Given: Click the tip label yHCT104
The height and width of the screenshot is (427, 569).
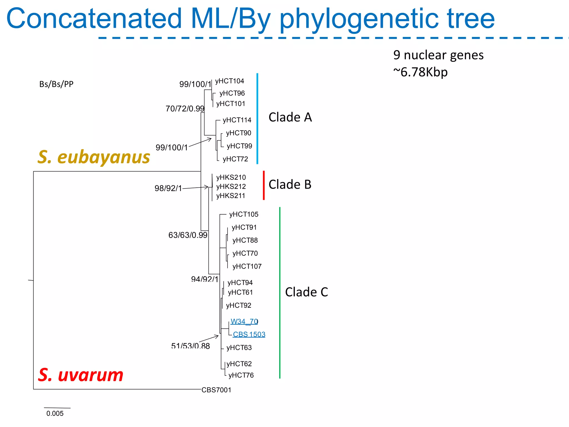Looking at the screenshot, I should (229, 81).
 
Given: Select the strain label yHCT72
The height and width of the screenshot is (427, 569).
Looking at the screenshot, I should (235, 159).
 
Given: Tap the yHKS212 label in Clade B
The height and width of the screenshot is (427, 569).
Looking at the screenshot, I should (231, 187).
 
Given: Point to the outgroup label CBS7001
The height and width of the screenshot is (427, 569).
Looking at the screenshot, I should (216, 390).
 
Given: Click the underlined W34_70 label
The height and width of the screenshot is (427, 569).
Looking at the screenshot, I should (244, 322).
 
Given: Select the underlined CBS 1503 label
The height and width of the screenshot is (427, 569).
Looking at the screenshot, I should (249, 334).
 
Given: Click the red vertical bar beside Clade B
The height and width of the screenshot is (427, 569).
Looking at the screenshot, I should (264, 185).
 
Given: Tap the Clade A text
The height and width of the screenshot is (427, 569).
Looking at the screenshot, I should (290, 117).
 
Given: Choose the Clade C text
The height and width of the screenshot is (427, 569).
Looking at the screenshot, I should (306, 292).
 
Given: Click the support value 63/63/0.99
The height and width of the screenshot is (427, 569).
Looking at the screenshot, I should (188, 235).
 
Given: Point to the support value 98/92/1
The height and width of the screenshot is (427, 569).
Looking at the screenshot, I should (168, 188).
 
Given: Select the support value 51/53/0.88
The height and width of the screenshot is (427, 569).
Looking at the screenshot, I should (190, 346).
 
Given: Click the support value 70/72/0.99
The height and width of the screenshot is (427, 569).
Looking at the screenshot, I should (185, 109).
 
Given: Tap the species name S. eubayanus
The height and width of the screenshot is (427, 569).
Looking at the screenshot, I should (94, 157).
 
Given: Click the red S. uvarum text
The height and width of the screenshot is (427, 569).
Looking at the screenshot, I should (81, 375).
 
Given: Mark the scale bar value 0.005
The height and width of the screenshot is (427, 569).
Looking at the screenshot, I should (55, 414).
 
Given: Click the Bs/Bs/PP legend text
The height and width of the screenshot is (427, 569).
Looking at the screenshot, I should (56, 84).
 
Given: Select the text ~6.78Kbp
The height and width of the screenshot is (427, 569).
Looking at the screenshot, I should (420, 72).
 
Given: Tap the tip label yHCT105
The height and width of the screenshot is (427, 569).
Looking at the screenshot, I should (244, 214).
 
